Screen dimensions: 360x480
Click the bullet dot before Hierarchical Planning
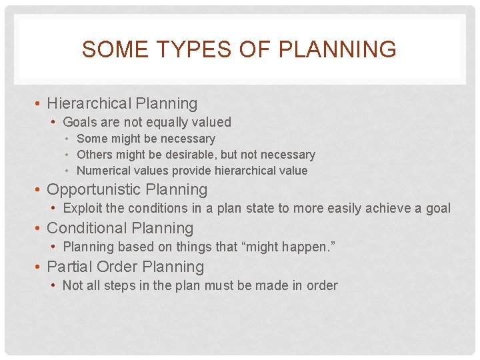(x=39, y=104)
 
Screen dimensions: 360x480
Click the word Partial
(x=69, y=267)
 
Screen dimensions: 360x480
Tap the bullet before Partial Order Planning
(x=39, y=267)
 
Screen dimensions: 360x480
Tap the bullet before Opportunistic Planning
(x=39, y=190)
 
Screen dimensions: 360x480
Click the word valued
(x=213, y=122)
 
